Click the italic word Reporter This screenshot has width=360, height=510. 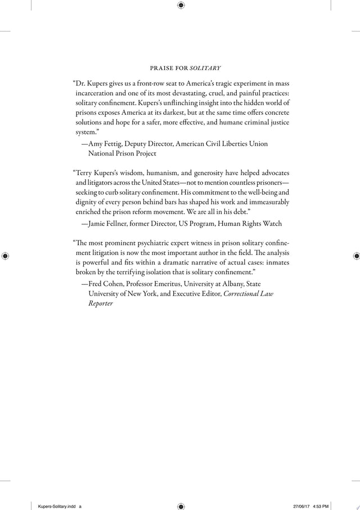coord(101,303)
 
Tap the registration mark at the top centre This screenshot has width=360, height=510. coord(181,5)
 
